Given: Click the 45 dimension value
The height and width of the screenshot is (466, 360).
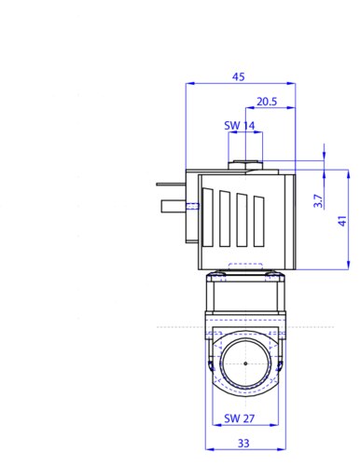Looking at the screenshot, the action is pos(239,76).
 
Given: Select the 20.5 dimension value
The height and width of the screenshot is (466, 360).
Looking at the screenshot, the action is pos(267,102).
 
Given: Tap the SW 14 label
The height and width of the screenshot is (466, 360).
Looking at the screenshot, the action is pos(240,126).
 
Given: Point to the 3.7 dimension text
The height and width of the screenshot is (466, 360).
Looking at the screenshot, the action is pos(318,200).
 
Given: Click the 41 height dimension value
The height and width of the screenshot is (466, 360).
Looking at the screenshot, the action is pos(342,221).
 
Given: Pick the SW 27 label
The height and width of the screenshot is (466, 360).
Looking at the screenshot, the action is pos(240,418).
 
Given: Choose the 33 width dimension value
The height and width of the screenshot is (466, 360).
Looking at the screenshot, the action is pos(243,443).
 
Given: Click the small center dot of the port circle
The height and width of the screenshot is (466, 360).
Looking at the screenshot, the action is pos(245,363).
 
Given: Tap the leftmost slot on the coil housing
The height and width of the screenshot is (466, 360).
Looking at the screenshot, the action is pos(208,217).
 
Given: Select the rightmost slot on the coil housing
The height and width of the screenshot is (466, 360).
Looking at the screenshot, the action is pos(258,222).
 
